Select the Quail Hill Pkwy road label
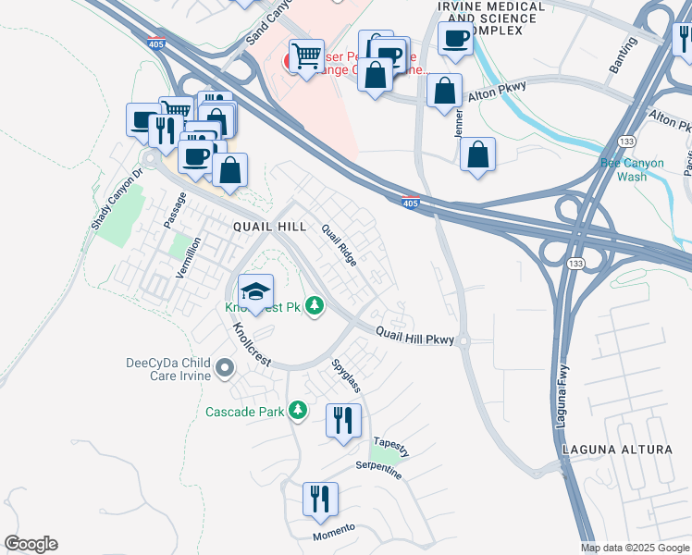pyautogui.click(x=414, y=339)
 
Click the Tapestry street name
pyautogui.click(x=390, y=445)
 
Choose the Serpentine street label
pyautogui.click(x=379, y=470)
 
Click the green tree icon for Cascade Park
pyautogui.click(x=297, y=409)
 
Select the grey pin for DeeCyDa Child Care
pyautogui.click(x=224, y=370)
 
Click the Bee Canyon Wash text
pyautogui.click(x=632, y=169)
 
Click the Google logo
pyautogui.click(x=31, y=544)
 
